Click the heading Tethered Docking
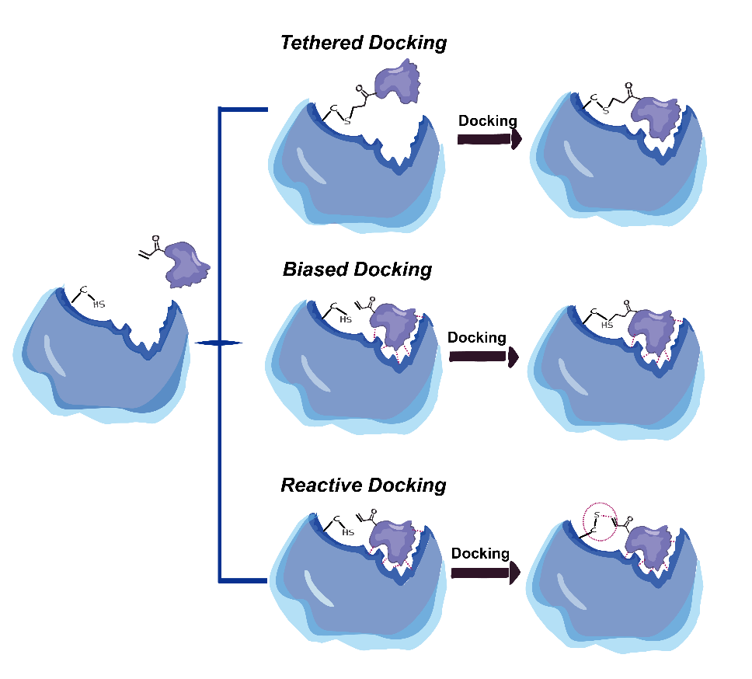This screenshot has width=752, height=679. (x=364, y=43)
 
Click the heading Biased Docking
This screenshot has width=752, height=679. (x=357, y=270)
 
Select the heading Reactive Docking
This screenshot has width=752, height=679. (x=364, y=486)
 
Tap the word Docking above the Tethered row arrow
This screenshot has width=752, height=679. (x=488, y=121)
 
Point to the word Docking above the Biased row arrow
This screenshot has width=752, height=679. (x=477, y=338)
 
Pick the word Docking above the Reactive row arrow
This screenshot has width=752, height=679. (x=480, y=554)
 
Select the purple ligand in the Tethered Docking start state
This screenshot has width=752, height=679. (x=397, y=84)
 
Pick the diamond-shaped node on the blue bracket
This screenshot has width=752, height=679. (x=219, y=343)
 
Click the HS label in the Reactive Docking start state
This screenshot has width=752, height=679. (x=348, y=532)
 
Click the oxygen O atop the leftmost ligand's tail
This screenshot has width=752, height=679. (x=156, y=239)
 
